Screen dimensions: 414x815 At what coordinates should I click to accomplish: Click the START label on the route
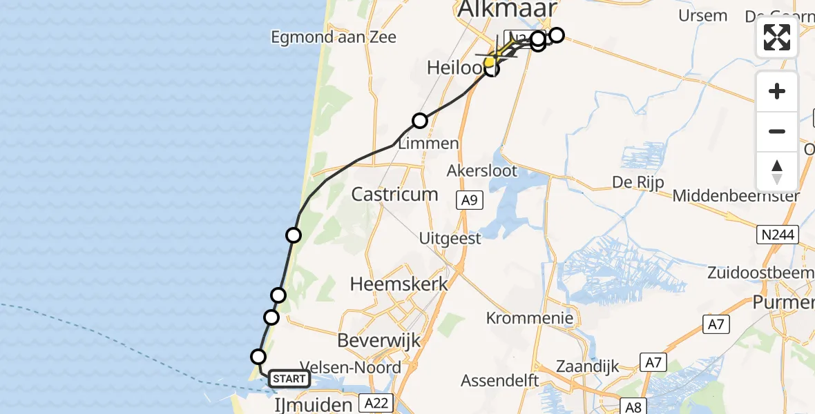289,379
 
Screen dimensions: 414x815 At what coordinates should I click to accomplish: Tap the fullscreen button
777,37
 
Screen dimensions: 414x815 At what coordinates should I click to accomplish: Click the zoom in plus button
777,91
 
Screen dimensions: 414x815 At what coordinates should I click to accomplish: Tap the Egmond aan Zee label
334,37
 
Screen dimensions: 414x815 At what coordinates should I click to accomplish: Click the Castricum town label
394,194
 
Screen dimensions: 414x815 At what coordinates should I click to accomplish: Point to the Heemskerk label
399,284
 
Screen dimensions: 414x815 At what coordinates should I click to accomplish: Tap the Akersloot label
482,171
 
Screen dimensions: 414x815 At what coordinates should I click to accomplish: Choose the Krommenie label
530,318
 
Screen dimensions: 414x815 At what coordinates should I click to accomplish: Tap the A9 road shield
469,201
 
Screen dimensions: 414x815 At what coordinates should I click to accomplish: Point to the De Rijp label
637,183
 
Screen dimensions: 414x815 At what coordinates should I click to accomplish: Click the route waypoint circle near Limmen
420,121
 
